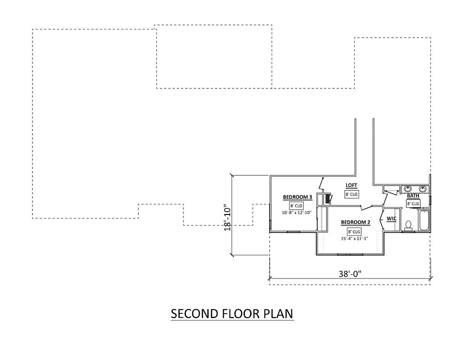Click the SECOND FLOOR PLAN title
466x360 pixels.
(x=232, y=314)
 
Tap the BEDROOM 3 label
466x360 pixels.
(x=297, y=197)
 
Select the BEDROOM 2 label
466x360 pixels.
(x=355, y=223)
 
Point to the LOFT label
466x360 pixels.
(x=351, y=185)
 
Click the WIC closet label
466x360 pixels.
(x=392, y=219)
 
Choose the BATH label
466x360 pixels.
(x=413, y=195)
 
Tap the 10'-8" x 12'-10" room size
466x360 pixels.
(x=297, y=213)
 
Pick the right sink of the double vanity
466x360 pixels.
(x=422, y=188)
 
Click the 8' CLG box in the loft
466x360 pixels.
(x=351, y=194)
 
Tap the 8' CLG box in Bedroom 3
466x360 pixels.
(x=296, y=205)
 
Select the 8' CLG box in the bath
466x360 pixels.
(x=413, y=203)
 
